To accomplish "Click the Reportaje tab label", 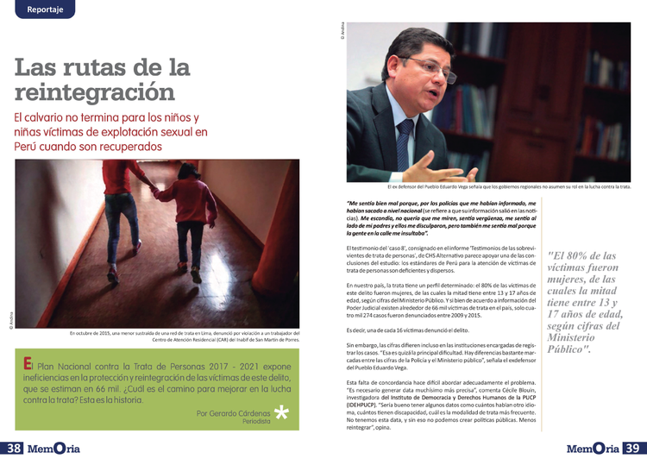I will point(39,9).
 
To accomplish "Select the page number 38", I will point(13,449).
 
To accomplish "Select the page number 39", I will point(633,449).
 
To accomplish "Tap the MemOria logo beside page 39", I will point(593,449).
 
